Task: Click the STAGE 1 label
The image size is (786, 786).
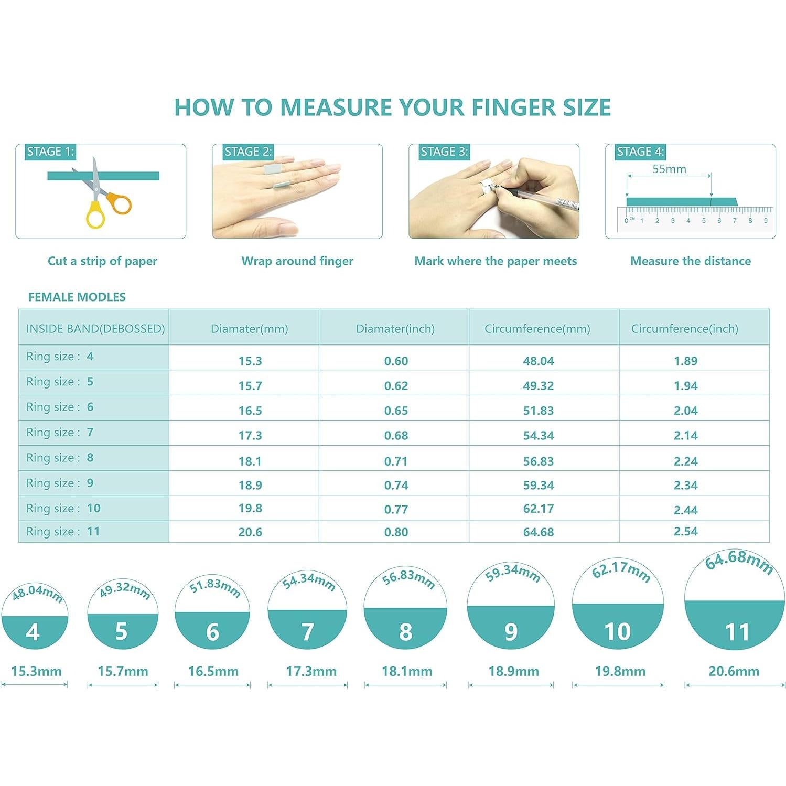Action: [50, 152]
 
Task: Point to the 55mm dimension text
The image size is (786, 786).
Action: [669, 169]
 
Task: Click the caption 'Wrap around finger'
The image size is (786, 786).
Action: [297, 261]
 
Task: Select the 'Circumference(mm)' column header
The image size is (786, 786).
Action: [537, 329]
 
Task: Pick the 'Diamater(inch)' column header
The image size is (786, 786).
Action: [395, 329]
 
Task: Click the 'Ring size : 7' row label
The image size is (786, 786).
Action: [60, 433]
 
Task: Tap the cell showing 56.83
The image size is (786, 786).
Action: [538, 461]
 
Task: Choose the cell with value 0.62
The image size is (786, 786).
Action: [396, 386]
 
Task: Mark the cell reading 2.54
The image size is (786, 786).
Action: [685, 531]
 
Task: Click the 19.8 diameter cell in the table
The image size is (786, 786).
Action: [250, 508]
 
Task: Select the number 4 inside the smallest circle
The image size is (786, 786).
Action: [33, 632]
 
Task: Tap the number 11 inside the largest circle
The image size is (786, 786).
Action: [737, 632]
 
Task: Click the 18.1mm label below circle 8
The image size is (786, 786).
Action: [407, 671]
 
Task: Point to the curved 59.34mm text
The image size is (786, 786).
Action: [512, 573]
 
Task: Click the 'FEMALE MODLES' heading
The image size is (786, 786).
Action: [77, 297]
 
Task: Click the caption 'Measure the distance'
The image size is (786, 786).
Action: [690, 261]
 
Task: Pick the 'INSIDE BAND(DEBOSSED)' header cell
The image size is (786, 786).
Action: [95, 329]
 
